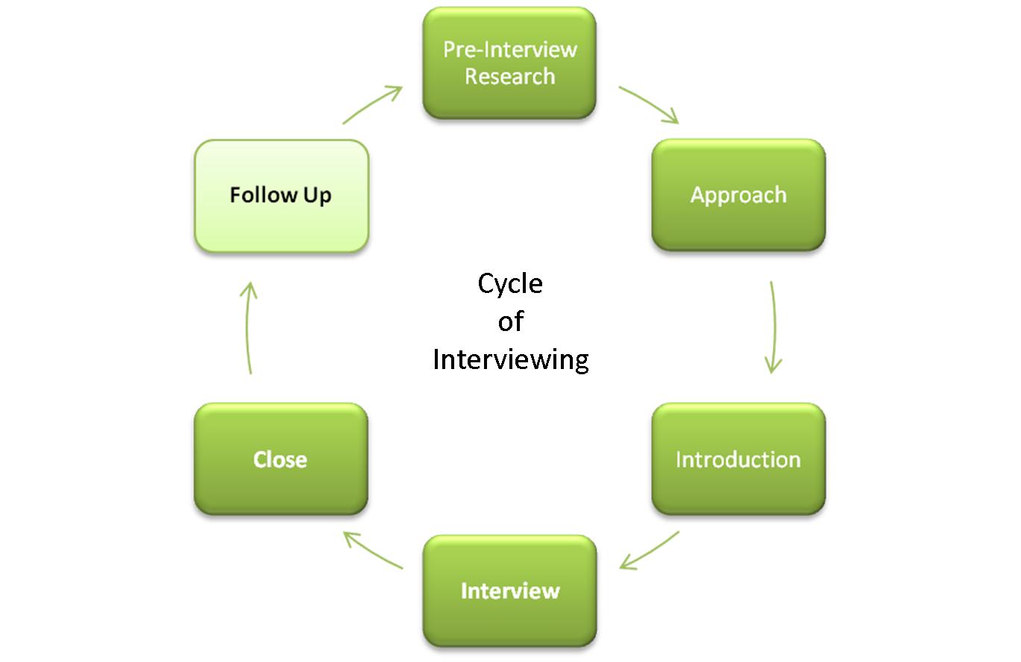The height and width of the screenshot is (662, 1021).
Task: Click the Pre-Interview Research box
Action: [x=509, y=63]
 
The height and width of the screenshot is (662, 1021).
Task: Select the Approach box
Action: [x=738, y=195]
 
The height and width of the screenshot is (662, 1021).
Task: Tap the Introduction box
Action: [x=738, y=459]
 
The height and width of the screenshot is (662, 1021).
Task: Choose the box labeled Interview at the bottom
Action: [x=509, y=591]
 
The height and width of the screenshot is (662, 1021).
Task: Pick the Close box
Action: [x=280, y=459]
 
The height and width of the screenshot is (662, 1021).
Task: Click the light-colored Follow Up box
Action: [x=281, y=196]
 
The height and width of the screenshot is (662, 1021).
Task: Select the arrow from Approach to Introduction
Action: [x=774, y=327]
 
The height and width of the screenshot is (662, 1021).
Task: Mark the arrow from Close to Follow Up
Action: [x=247, y=327]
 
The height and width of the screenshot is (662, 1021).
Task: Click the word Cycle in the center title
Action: [x=510, y=285]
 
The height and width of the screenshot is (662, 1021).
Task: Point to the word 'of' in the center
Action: [x=510, y=321]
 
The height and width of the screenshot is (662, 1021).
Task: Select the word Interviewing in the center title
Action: [x=510, y=360]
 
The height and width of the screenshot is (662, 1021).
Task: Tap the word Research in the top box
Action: [x=510, y=76]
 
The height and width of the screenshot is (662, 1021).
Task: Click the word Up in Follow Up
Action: [x=317, y=196]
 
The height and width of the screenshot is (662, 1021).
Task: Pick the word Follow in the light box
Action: [x=263, y=195]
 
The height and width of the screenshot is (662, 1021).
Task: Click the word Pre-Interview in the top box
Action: [x=510, y=49]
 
